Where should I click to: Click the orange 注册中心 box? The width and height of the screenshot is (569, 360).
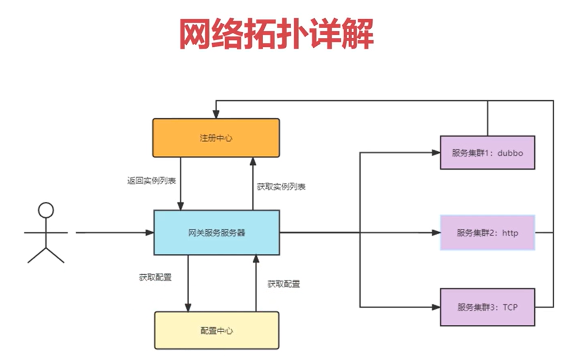click(x=216, y=138)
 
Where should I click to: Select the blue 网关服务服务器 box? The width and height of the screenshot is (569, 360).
click(x=216, y=233)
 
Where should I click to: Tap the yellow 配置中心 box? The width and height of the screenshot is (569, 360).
click(x=216, y=330)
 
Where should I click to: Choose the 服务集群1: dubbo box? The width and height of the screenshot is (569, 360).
click(x=487, y=152)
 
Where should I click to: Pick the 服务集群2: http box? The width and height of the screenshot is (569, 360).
click(x=487, y=232)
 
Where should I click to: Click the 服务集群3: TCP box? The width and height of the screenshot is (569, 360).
click(x=487, y=307)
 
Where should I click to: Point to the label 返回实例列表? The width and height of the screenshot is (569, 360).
click(x=151, y=181)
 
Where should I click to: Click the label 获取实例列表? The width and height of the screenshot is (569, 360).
click(x=281, y=187)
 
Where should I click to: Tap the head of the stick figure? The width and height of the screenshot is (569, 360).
click(x=46, y=210)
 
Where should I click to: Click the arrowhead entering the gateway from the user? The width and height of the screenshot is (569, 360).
click(x=150, y=233)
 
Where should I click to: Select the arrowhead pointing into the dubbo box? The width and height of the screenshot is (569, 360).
click(x=436, y=153)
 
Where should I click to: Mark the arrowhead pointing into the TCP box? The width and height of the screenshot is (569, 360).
click(x=436, y=307)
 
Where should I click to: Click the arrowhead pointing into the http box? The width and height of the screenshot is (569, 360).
click(x=436, y=233)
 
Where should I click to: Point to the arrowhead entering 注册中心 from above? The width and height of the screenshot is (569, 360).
click(x=216, y=115)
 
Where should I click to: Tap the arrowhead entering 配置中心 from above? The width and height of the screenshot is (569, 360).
click(x=188, y=307)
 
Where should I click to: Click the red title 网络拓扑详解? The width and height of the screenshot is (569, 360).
click(x=276, y=34)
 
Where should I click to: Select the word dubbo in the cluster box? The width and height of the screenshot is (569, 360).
click(x=510, y=153)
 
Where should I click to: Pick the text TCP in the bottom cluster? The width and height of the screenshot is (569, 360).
click(x=510, y=307)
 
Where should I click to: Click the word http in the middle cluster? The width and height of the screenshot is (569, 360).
click(x=510, y=233)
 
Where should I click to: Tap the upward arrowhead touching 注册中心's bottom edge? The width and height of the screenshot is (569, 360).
click(x=253, y=161)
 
